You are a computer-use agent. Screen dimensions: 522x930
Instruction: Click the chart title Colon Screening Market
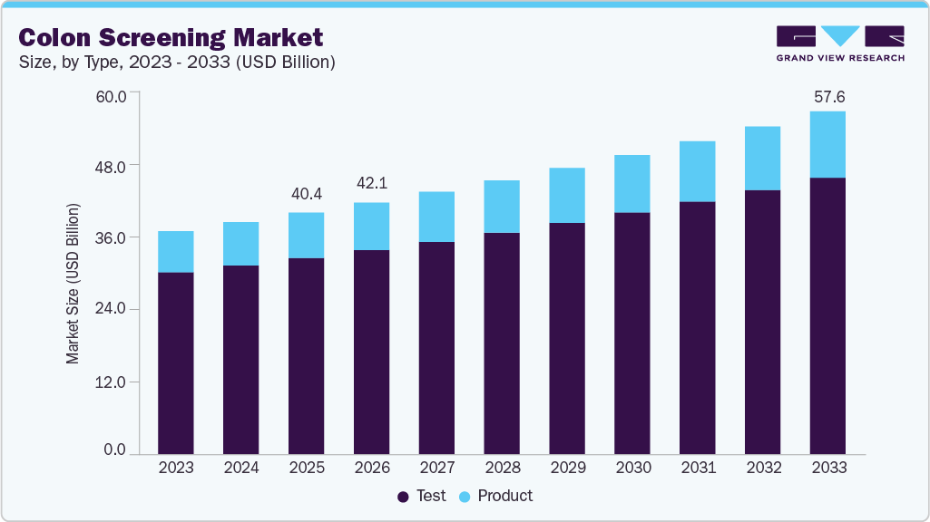pyautogui.click(x=171, y=37)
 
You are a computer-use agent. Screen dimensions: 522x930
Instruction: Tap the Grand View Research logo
pyautogui.click(x=840, y=43)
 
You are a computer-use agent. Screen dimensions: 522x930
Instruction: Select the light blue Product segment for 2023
pyautogui.click(x=176, y=252)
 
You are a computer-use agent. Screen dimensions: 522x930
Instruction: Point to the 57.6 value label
pyautogui.click(x=827, y=96)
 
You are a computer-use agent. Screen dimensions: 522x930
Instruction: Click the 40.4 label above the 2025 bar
pyautogui.click(x=307, y=194)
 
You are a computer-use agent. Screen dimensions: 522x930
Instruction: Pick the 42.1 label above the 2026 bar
pyautogui.click(x=372, y=184)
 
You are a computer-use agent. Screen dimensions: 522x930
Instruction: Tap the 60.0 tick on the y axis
pyautogui.click(x=113, y=94)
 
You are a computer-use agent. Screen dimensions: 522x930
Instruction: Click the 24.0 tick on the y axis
pyautogui.click(x=113, y=310)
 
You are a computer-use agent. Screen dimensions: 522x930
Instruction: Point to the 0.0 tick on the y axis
pyautogui.click(x=115, y=450)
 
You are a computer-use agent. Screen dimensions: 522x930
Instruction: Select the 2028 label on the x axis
pyautogui.click(x=502, y=468)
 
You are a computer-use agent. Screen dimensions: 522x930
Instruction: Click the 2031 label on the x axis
pyautogui.click(x=698, y=468)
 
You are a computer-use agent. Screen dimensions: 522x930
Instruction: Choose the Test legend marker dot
pyautogui.click(x=403, y=497)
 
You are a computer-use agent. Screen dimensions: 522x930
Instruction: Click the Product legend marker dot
pyautogui.click(x=465, y=497)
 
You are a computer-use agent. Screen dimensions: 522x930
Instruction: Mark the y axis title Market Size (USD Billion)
pyautogui.click(x=73, y=284)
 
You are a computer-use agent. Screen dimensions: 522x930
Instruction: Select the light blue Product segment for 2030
pyautogui.click(x=632, y=184)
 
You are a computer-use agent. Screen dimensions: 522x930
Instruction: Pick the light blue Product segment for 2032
pyautogui.click(x=763, y=159)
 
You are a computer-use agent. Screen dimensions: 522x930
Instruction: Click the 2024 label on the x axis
pyautogui.click(x=241, y=468)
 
